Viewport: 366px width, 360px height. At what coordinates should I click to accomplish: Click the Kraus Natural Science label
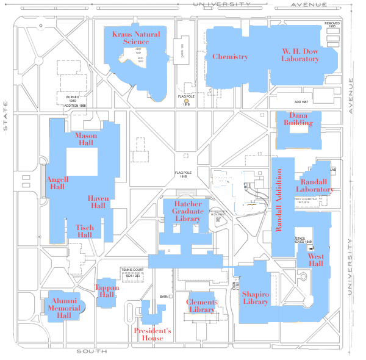pyautogui.click(x=135, y=38)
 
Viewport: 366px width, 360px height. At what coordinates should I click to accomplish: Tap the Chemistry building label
pyautogui.click(x=230, y=57)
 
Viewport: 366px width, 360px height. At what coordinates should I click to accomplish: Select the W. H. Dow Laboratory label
pyautogui.click(x=300, y=55)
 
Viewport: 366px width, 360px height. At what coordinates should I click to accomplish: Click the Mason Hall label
pyautogui.click(x=85, y=139)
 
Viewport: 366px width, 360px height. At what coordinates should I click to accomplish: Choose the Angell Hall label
pyautogui.click(x=57, y=183)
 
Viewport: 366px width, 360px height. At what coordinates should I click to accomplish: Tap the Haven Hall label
pyautogui.click(x=97, y=202)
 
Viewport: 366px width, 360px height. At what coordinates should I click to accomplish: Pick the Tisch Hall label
pyautogui.click(x=84, y=231)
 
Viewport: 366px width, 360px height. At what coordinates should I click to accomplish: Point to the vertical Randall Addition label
pyautogui.click(x=280, y=201)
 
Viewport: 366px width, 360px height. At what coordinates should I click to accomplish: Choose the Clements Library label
pyautogui.click(x=201, y=306)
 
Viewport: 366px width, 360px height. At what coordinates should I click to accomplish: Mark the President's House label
pyautogui.click(x=152, y=334)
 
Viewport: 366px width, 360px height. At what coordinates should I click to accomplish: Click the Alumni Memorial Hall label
pyautogui.click(x=64, y=308)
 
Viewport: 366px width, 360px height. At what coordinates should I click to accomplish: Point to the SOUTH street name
pyautogui.click(x=91, y=351)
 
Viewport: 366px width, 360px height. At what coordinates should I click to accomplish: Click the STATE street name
pyautogui.click(x=5, y=118)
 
